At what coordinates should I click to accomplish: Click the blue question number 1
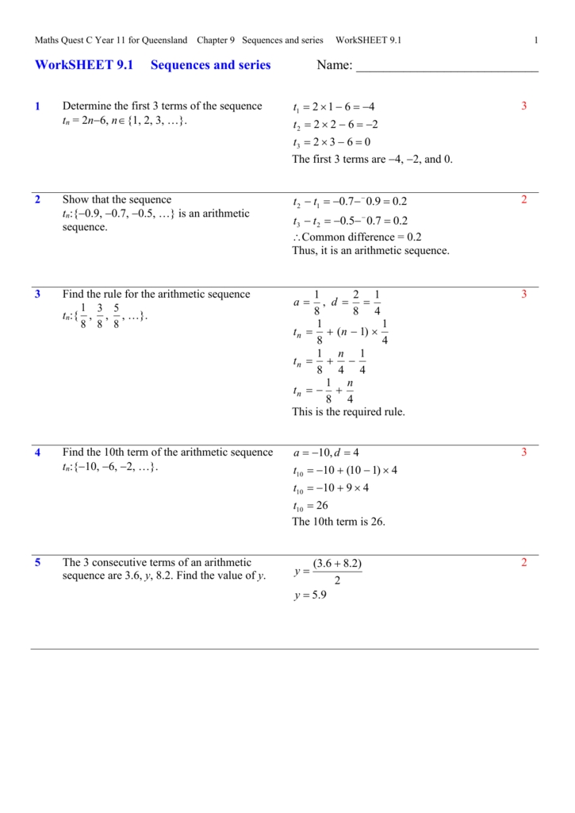[x=37, y=106]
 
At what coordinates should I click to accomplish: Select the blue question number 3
[x=37, y=295]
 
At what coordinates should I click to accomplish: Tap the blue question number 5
[x=37, y=563]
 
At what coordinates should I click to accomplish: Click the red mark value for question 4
[x=524, y=453]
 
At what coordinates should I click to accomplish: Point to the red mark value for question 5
[x=524, y=563]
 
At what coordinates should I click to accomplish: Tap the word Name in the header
[x=333, y=65]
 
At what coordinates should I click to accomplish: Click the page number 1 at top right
[x=537, y=40]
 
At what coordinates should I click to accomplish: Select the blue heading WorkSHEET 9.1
[x=84, y=65]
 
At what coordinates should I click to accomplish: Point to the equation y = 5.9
[x=310, y=595]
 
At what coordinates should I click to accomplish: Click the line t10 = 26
[x=310, y=506]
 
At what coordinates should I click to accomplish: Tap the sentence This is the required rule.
[x=348, y=412]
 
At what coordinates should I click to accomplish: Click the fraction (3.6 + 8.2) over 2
[x=337, y=572]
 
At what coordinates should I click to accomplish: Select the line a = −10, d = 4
[x=326, y=453]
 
